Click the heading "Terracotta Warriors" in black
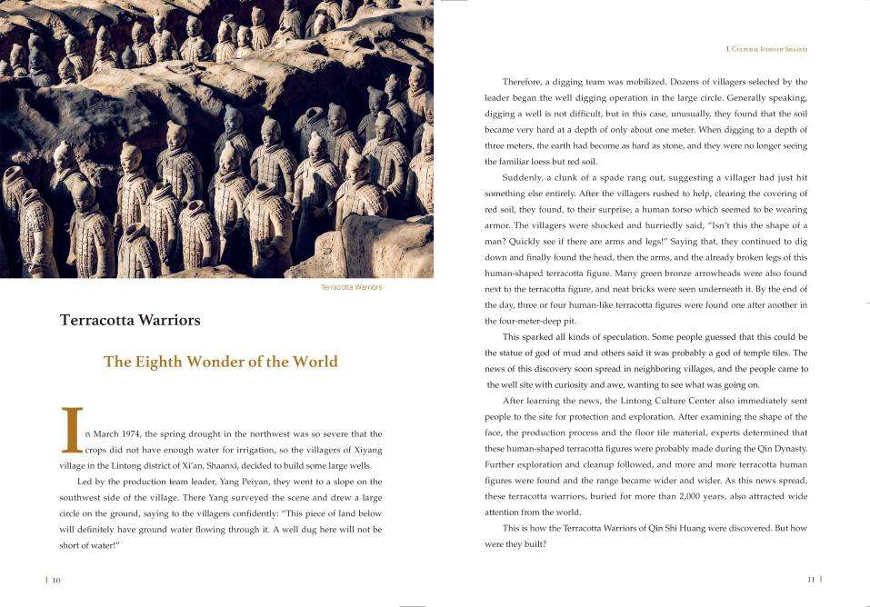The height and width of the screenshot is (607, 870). [130, 320]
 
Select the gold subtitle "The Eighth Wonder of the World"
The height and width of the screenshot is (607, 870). [220, 362]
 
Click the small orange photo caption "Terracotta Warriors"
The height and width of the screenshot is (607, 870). [352, 287]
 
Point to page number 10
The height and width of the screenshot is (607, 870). [55, 579]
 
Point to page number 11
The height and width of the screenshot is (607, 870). [811, 578]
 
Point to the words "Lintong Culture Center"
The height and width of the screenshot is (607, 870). [653, 401]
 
